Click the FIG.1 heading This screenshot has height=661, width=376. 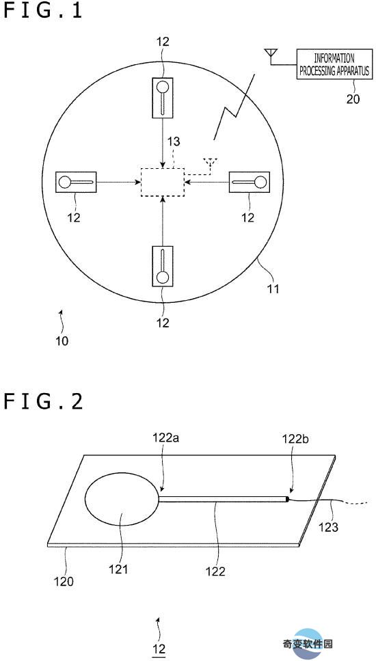click(42, 10)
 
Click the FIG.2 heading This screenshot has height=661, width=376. click(43, 402)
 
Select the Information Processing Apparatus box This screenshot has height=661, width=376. click(335, 64)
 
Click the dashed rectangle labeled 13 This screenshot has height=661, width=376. click(162, 182)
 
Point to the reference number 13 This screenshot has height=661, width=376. click(172, 142)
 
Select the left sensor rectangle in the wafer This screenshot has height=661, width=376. click(76, 182)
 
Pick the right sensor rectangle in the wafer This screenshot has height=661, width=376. click(249, 182)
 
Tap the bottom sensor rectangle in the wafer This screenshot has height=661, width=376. click(162, 266)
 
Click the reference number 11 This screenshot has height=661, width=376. click(272, 288)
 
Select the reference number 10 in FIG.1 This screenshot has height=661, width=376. click(62, 340)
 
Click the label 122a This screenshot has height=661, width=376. click(165, 438)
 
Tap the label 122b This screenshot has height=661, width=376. click(296, 439)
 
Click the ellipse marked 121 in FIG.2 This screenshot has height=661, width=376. click(122, 500)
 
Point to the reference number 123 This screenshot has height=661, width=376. click(328, 527)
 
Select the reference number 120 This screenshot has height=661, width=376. click(64, 581)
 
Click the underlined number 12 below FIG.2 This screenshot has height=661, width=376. click(159, 648)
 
